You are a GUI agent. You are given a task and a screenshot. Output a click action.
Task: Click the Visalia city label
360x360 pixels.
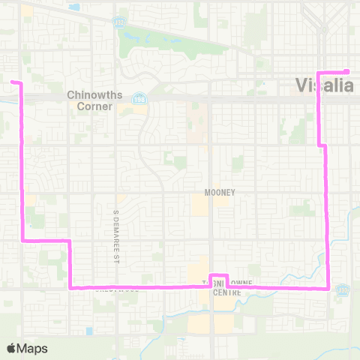coord(325,85)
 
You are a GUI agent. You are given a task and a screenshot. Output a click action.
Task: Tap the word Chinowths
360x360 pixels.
coord(89,95)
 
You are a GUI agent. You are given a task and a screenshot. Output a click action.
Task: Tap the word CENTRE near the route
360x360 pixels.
coord(226,293)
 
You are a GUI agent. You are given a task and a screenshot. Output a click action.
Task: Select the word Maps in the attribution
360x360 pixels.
coord(33,348)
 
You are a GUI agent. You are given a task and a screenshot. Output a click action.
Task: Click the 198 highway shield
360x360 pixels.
coord(139,98)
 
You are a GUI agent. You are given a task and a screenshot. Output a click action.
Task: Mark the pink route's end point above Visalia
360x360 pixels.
coord(347,72)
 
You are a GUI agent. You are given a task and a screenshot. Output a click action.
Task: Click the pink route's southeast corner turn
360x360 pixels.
coord(328,287)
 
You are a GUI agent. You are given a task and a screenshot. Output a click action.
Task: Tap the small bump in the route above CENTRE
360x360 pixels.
coord(217,276)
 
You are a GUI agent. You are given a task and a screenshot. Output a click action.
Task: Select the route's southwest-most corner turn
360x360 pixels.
coord(70,286)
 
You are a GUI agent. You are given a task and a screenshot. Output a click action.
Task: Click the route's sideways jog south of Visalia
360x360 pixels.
coord(323,145)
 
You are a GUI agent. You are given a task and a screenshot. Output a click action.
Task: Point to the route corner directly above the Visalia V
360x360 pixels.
coord(319,73)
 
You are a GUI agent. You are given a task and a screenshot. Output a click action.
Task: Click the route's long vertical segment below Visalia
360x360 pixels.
coord(328,217)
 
